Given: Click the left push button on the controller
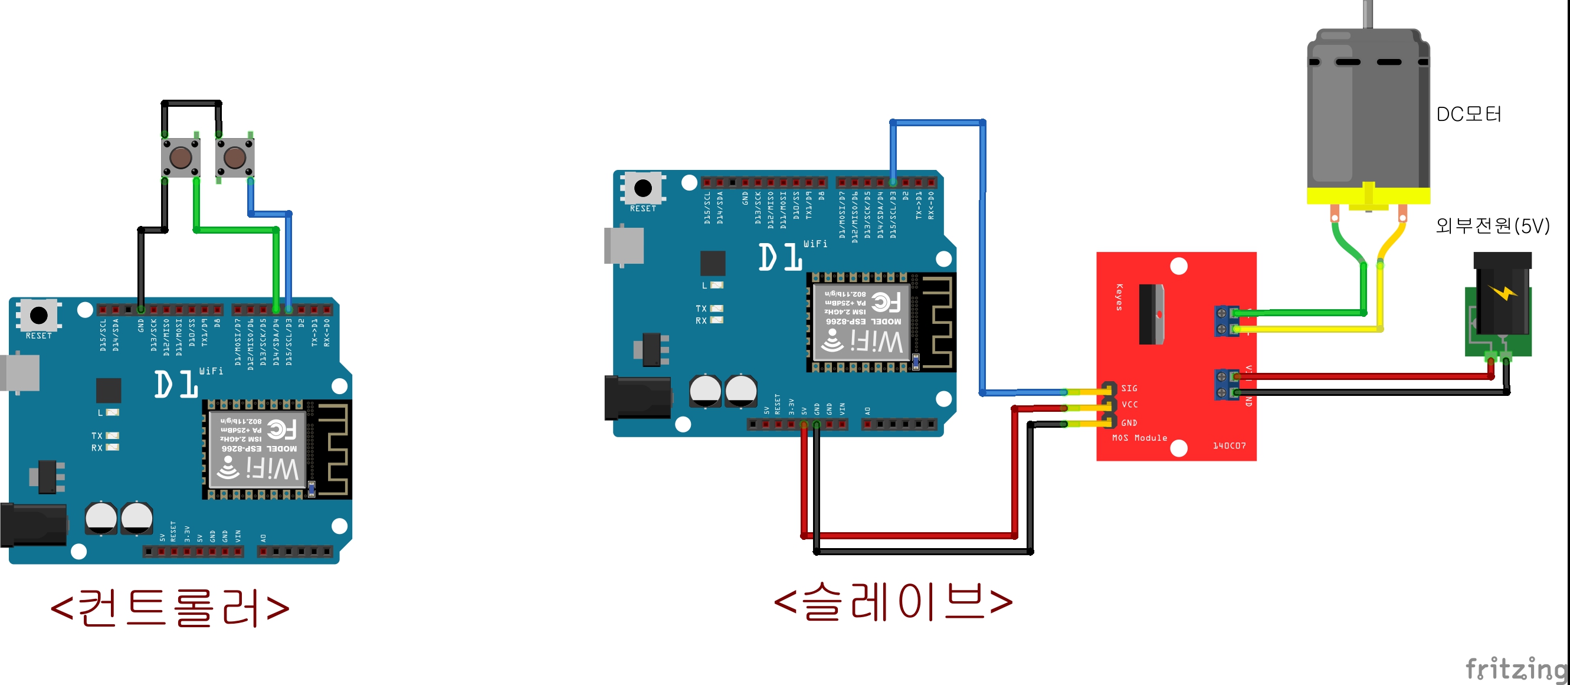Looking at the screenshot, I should click(x=181, y=157).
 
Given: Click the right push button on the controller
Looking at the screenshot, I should click(x=235, y=157).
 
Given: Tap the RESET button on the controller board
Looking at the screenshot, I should click(x=38, y=315).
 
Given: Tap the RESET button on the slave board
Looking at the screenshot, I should click(x=643, y=188).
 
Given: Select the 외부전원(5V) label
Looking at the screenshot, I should click(x=1492, y=225).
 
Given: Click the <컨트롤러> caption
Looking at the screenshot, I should click(x=169, y=608).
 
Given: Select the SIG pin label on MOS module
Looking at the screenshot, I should click(x=1129, y=388).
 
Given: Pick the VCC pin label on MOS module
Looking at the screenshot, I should click(x=1129, y=405).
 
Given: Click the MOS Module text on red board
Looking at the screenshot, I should click(x=1139, y=438).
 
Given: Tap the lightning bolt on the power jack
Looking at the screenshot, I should click(x=1503, y=293).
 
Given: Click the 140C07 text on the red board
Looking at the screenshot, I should click(x=1229, y=446).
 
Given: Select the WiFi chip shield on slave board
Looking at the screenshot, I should click(x=862, y=322).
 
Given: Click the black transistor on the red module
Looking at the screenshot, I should click(x=1151, y=314).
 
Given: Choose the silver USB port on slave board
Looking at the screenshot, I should click(x=624, y=246).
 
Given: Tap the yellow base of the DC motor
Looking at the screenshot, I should click(x=1368, y=196).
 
